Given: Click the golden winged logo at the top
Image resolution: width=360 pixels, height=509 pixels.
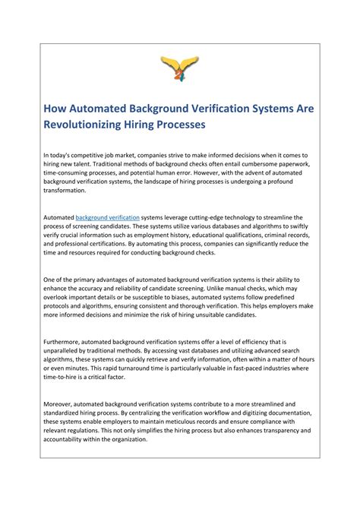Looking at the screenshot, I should click(179, 68).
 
